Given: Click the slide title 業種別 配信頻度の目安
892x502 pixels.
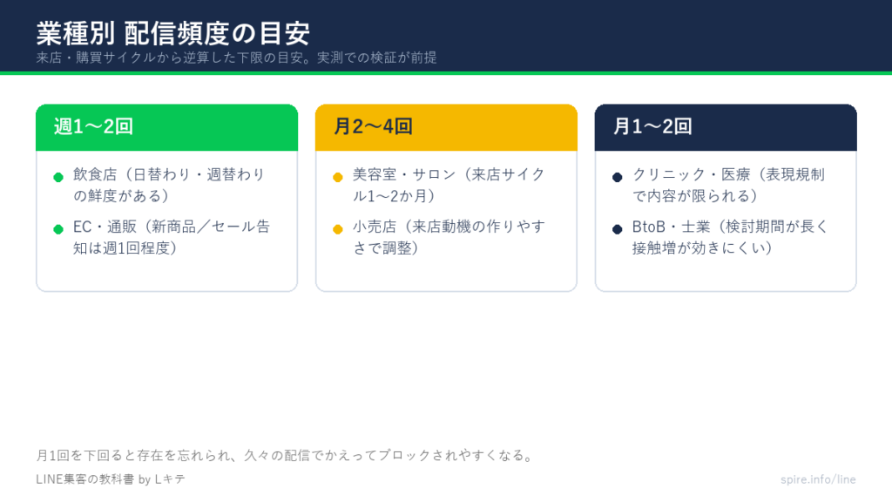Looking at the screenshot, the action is coord(173,33).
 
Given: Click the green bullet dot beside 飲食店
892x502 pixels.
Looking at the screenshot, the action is coord(58,177).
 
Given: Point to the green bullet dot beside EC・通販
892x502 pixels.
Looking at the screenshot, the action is coord(58,229).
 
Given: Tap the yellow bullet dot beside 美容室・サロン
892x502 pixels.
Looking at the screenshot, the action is coord(338,177).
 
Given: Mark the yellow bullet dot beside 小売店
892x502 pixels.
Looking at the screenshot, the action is coord(338,229).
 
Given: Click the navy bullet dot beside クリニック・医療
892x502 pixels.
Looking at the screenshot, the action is coord(618,177).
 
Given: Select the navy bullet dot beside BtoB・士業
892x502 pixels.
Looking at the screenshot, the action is coord(618,229).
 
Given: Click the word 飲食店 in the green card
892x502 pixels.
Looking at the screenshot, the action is coord(95,174).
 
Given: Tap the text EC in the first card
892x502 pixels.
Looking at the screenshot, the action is coord(82,227).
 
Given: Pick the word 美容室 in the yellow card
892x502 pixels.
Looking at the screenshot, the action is coord(375,174).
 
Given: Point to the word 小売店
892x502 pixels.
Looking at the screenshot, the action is coord(375,227).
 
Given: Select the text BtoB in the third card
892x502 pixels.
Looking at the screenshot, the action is coord(649,227).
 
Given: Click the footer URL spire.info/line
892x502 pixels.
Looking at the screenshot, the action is coord(818,479).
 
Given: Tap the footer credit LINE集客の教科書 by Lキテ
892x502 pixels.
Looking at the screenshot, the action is coord(111,479).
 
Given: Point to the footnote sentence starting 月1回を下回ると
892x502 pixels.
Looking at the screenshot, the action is coord(285,455).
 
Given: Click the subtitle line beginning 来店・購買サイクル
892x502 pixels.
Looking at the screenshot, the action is coord(237,58).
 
